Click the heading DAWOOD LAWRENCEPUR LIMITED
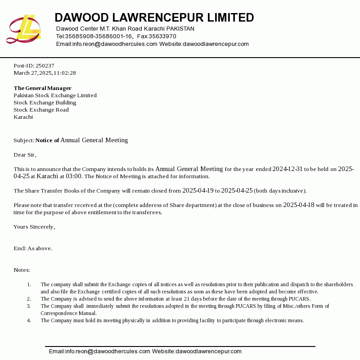tap(154, 18)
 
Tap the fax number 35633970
tap(162, 36)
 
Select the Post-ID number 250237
tap(45, 66)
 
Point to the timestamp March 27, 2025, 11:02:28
tap(45, 73)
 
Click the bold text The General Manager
tap(42, 88)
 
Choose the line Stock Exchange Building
tap(45, 103)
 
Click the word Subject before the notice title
tap(23, 140)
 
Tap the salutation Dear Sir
tap(24, 155)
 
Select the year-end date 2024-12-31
tap(287, 169)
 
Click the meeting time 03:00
tap(74, 176)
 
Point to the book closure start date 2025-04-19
tap(198, 191)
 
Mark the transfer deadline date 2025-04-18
tap(298, 205)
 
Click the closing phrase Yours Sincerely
tap(34, 227)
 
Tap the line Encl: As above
tap(33, 248)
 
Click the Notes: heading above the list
tap(22, 270)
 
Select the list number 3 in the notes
tap(29, 306)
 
